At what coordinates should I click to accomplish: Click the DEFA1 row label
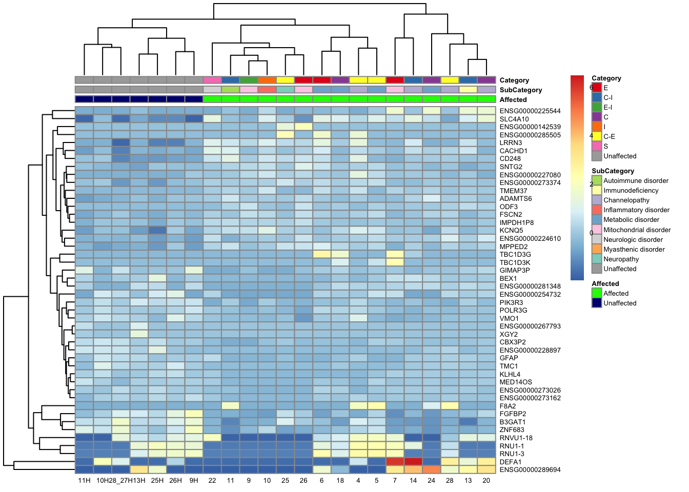[510, 462]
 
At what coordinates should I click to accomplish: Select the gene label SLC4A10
[514, 119]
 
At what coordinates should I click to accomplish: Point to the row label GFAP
[509, 358]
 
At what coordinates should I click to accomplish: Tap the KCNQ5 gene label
[511, 231]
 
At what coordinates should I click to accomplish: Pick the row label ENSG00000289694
[530, 469]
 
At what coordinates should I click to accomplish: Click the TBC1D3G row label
[515, 254]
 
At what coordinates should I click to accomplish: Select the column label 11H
[84, 481]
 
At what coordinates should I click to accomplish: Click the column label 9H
[194, 481]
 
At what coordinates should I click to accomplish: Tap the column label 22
[212, 481]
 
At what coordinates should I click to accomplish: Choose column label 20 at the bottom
[486, 481]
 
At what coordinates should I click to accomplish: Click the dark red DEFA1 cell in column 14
[413, 461]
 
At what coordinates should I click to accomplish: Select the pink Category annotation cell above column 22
[212, 80]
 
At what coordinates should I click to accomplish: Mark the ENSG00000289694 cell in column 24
[432, 469]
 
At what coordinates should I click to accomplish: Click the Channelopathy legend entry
[626, 200]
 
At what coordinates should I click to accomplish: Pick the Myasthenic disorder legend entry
[634, 250]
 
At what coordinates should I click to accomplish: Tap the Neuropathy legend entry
[621, 259]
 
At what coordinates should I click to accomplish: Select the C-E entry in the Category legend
[609, 137]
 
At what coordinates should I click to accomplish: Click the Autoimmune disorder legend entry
[636, 181]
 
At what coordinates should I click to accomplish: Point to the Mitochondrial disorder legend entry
[637, 230]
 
